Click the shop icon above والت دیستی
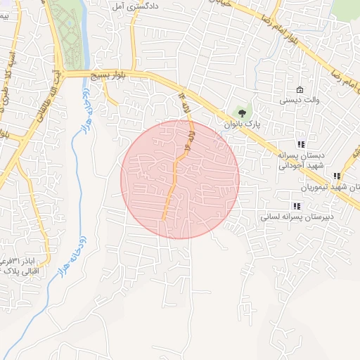pos(300,90)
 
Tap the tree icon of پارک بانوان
pos(243,112)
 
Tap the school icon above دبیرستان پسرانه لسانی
pos(297,206)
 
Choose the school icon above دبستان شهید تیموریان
pos(337,176)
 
